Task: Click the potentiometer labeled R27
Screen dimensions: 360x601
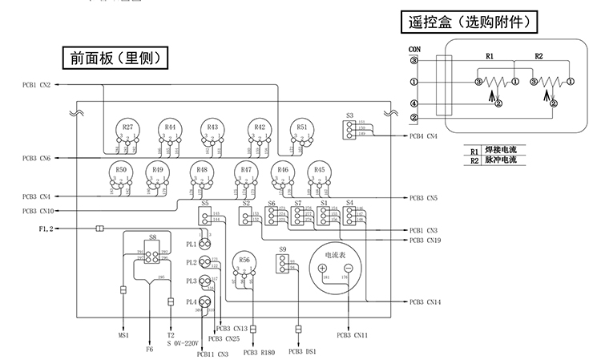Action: pos(127,129)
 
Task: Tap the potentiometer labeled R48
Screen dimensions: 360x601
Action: pos(201,172)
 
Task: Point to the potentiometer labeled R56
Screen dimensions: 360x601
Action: pos(244,262)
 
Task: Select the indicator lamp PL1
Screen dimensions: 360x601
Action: pos(204,244)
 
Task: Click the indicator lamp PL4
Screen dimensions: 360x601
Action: pos(204,301)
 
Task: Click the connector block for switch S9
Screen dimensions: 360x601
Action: pos(283,265)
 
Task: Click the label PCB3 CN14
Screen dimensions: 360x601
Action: pos(424,301)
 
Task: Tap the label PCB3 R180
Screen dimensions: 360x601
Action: pos(258,352)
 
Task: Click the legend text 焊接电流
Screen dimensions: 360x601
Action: pos(500,150)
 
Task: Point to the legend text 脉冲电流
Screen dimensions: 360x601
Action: pos(500,160)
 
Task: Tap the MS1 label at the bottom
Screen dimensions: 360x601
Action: pos(124,336)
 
